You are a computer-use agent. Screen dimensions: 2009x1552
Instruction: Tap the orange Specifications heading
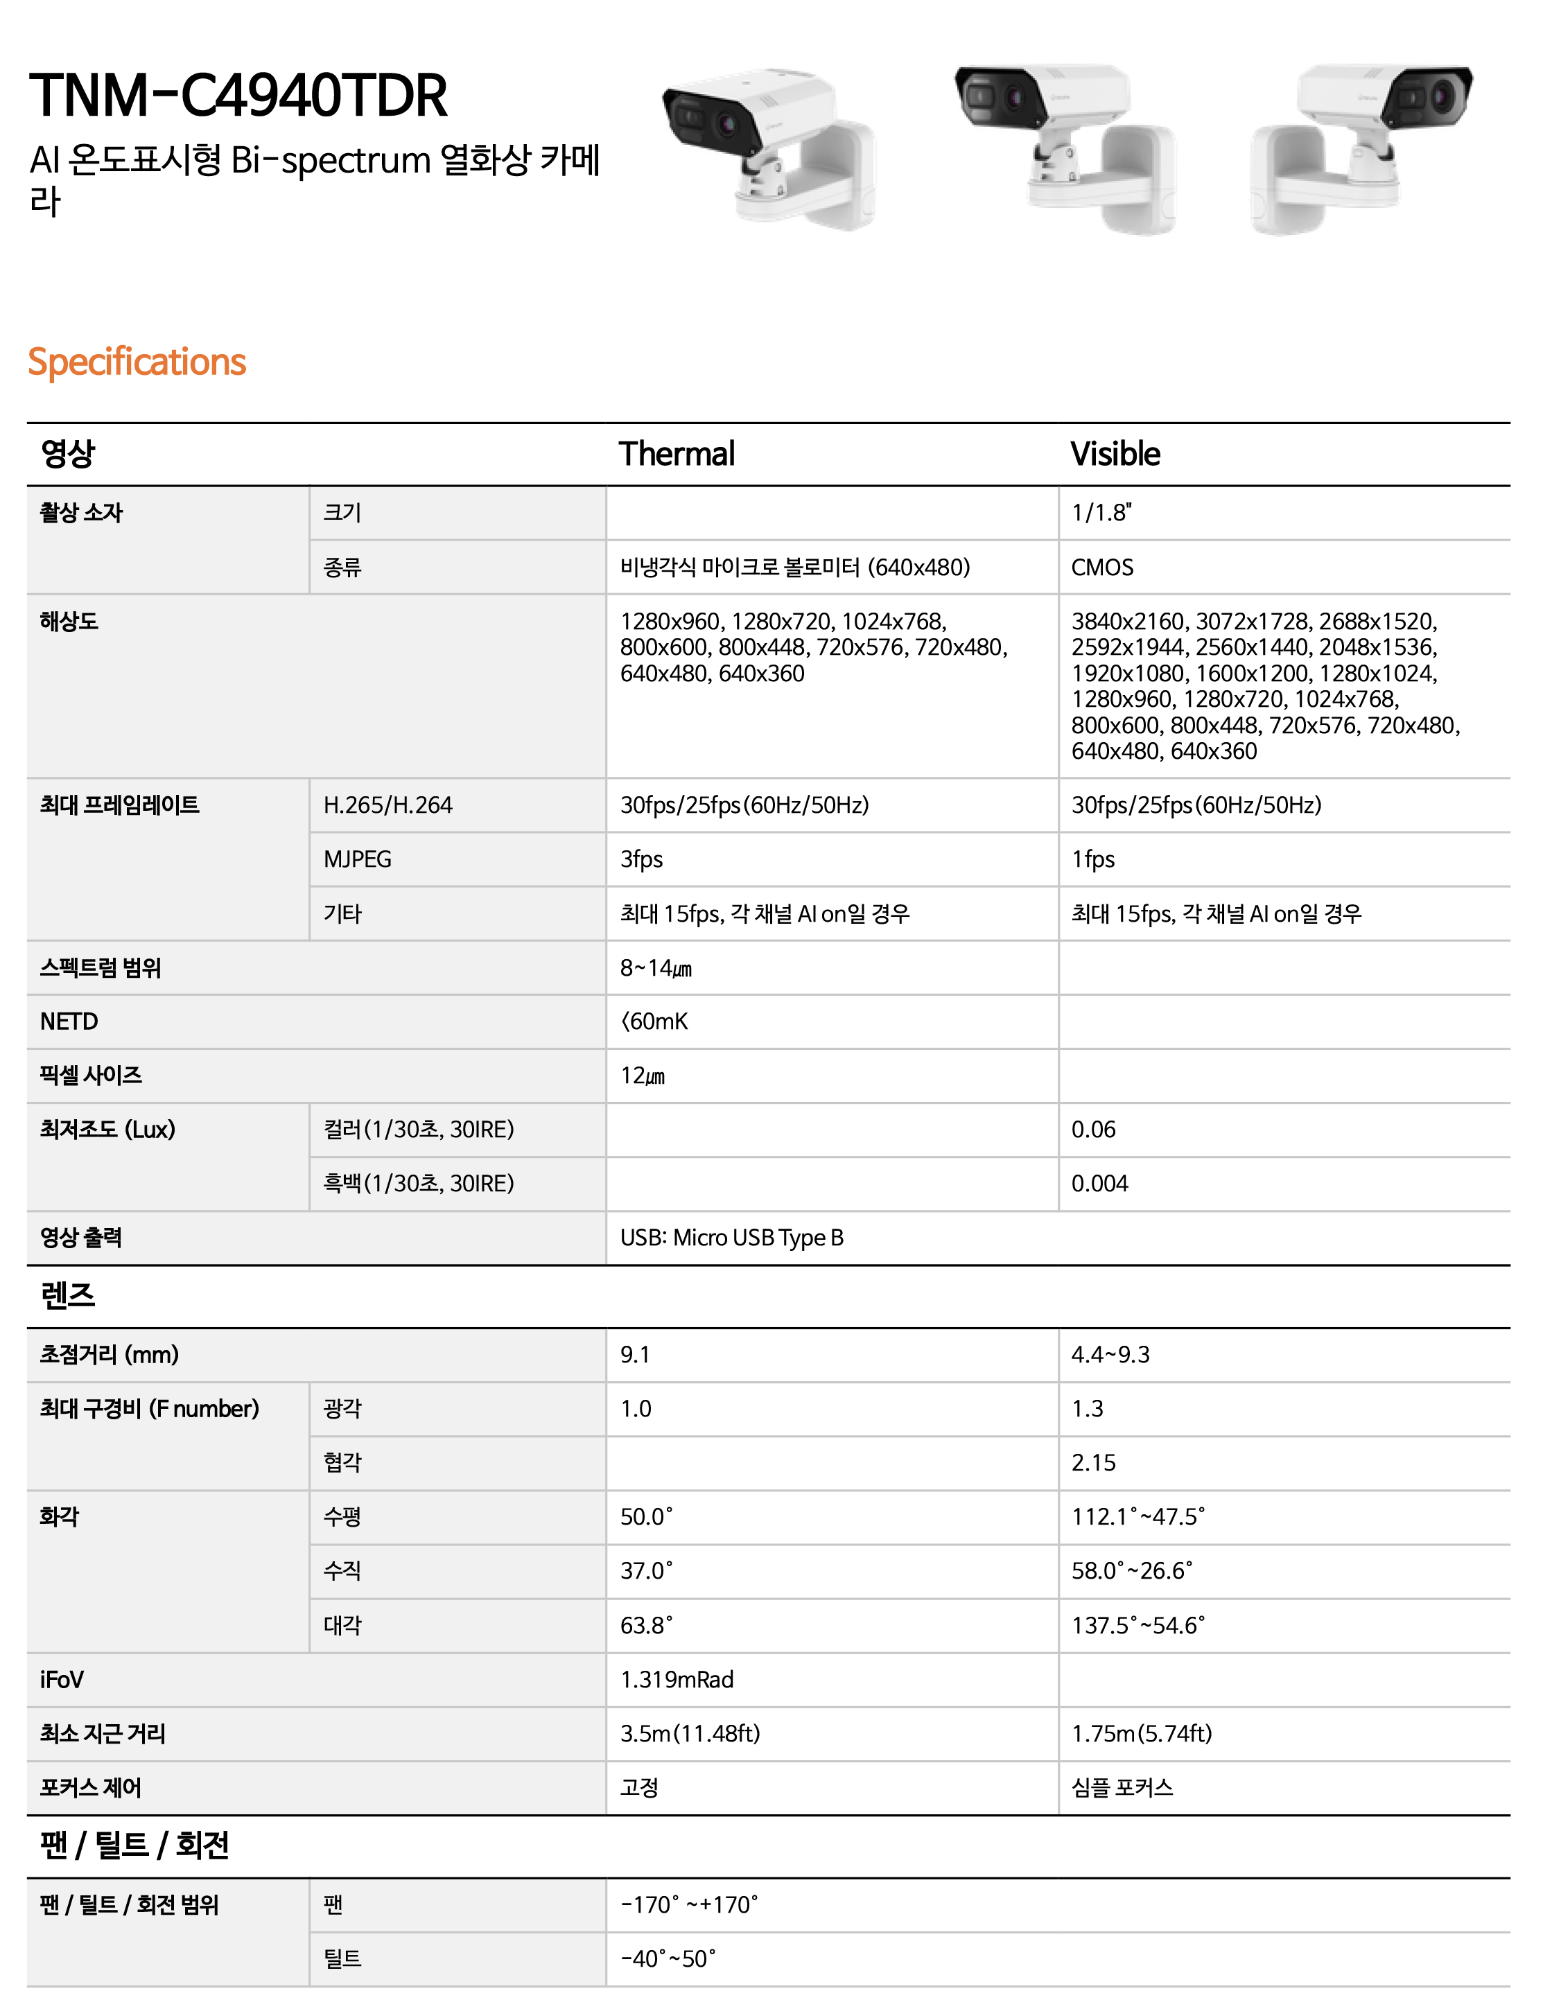tap(137, 362)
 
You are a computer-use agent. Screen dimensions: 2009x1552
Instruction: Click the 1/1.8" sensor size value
tap(1101, 512)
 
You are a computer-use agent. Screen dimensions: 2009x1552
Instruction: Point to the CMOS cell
tap(1102, 567)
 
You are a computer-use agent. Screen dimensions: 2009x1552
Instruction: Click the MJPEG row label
tap(357, 859)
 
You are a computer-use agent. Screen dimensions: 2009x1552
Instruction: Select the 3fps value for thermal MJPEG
tap(641, 859)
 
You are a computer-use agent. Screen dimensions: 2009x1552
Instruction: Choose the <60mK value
tap(654, 1021)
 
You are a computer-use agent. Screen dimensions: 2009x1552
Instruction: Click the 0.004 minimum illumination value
tap(1099, 1183)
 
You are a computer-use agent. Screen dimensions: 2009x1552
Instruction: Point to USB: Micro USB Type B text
tap(731, 1237)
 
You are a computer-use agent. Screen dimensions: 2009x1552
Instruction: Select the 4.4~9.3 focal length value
tap(1110, 1354)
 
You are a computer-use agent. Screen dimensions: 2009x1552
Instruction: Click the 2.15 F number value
tap(1093, 1463)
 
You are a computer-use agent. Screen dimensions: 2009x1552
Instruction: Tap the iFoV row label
tap(62, 1680)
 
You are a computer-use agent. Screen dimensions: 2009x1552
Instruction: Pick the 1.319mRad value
tap(676, 1680)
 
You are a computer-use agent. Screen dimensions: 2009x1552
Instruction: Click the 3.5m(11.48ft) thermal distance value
tap(690, 1733)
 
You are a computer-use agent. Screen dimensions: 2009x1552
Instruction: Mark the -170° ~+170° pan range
tap(689, 1904)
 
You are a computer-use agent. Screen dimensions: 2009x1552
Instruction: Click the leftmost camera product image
tap(768, 147)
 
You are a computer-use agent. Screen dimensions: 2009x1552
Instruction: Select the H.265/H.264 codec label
tap(387, 805)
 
